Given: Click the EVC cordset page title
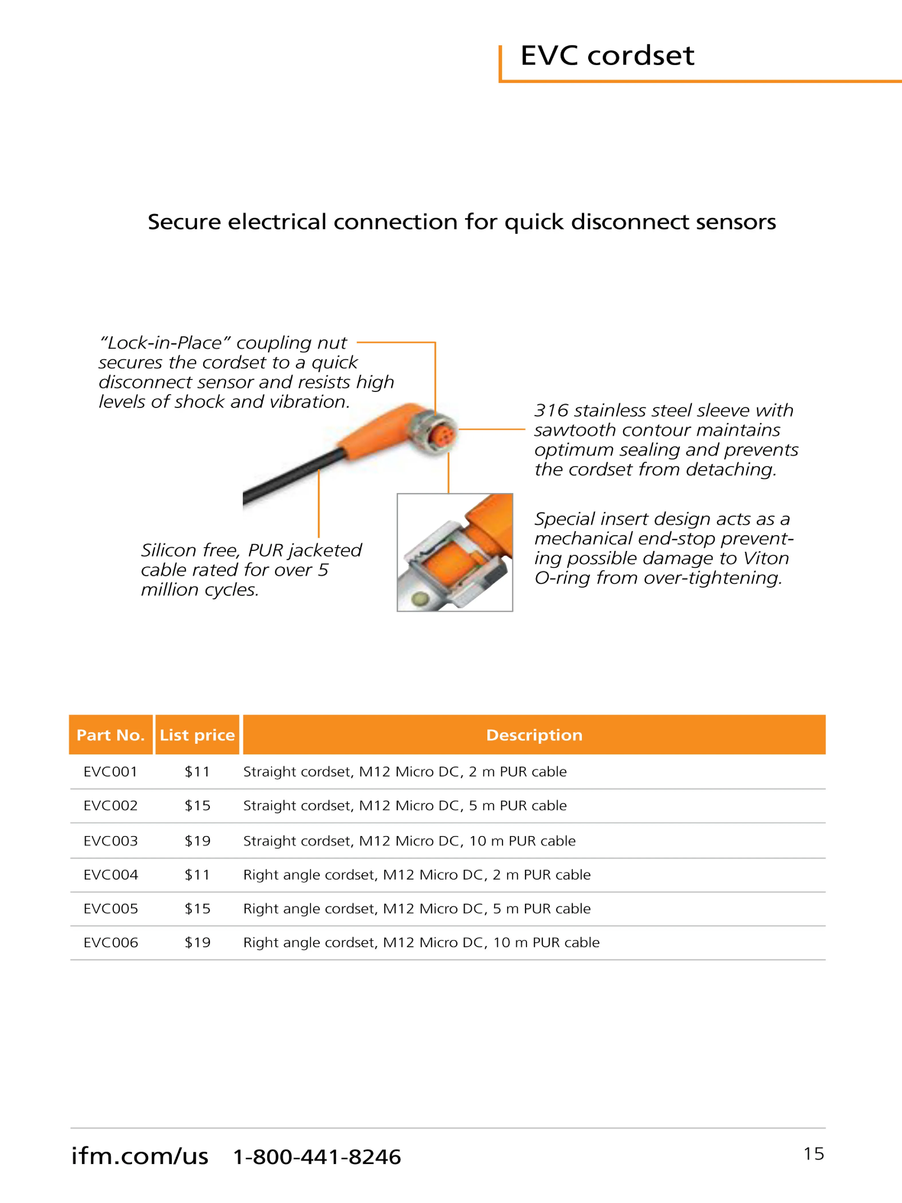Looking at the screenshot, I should (x=607, y=56).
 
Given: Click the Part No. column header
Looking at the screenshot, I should (x=110, y=735).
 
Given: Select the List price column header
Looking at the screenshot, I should (x=197, y=735).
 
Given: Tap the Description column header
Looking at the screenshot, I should (x=534, y=735).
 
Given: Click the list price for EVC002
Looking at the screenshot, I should (x=197, y=805).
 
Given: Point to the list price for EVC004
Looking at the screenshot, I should (x=197, y=874).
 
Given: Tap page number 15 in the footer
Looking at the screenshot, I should (x=814, y=1153).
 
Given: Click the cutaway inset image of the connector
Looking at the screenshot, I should (x=454, y=552).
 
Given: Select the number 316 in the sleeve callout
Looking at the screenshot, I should (x=551, y=410).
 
